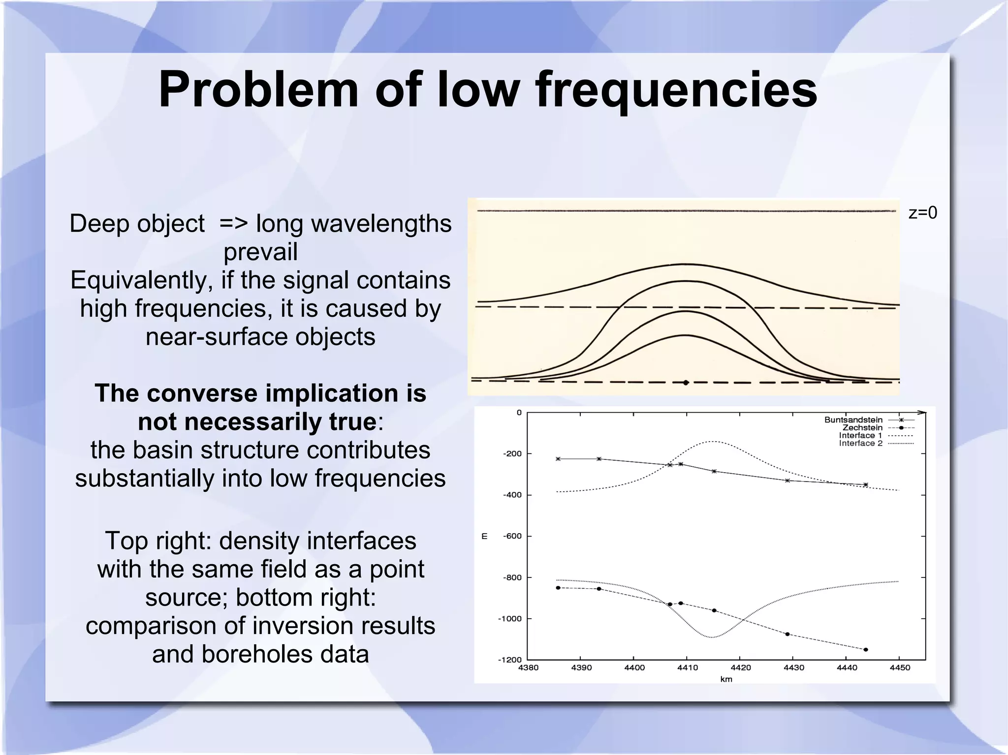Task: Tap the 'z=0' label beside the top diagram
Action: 922,213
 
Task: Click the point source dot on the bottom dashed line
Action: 686,382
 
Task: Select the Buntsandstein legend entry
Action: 853,420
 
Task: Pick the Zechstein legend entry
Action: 862,427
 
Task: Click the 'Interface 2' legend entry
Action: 860,443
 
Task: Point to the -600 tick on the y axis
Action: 512,536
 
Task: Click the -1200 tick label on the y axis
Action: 510,660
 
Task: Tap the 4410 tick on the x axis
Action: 688,667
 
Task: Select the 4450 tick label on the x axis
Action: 900,667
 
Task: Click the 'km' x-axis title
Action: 726,679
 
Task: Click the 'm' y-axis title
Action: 484,536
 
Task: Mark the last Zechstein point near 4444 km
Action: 866,649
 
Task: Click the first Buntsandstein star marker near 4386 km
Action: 558,459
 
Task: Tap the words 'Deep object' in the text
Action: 137,224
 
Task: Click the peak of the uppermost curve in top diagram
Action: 685,265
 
